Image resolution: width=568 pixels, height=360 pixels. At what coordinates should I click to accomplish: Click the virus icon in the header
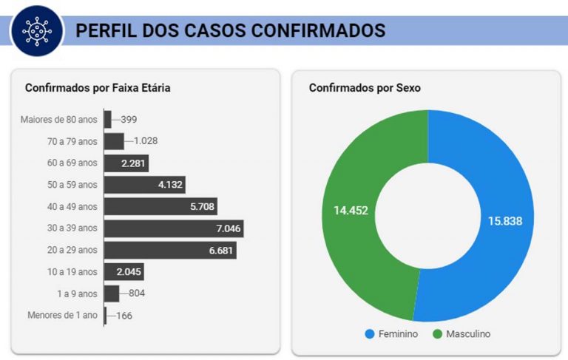point(38,30)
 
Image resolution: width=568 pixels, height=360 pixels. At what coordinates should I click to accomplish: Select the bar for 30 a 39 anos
point(173,228)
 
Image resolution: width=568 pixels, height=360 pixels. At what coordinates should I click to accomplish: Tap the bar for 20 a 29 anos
point(169,250)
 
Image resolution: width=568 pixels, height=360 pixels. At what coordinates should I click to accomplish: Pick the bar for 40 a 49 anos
point(160,206)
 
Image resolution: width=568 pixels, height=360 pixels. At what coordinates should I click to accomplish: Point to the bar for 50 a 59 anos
point(143,184)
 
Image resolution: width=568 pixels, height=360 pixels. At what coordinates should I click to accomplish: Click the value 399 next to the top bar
point(129,119)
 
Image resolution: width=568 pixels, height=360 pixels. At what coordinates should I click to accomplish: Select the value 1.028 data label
point(145,140)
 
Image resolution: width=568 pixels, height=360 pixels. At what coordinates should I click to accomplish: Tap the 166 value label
point(124,316)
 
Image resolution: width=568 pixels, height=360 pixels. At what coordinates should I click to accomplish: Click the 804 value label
point(136,293)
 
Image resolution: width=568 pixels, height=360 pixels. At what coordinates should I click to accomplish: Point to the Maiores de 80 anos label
point(58,119)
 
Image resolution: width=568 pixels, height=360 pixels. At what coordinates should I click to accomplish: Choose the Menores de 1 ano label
point(62,315)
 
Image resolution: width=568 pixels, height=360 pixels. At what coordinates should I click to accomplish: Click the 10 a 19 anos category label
point(72,271)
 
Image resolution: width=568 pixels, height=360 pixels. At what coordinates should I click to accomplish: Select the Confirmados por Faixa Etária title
point(98,88)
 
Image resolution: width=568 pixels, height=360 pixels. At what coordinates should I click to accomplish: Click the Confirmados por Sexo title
point(365,88)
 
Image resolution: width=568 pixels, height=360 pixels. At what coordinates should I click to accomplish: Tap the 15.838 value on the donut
point(505,220)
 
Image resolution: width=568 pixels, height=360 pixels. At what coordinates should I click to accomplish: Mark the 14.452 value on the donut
point(351,210)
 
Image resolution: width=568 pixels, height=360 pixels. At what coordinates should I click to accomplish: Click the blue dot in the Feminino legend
point(369,334)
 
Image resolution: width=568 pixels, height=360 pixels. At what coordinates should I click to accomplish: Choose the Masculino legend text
point(467,334)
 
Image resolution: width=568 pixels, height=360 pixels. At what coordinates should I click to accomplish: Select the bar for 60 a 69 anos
point(126,163)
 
